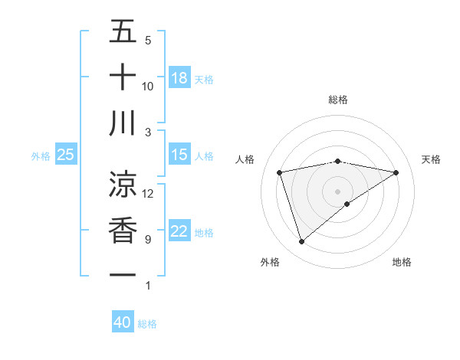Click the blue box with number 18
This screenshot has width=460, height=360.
point(179,78)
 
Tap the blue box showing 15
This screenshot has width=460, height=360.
point(179,155)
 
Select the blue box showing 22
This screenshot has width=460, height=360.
point(179,232)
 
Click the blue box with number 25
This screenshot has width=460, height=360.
point(66,155)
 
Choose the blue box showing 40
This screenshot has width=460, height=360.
point(123,322)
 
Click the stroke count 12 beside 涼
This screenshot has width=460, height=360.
point(148,194)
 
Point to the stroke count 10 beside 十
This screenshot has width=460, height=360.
point(148,86)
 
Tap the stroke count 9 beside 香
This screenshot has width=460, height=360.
point(148,240)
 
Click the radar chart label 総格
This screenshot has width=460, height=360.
point(338,100)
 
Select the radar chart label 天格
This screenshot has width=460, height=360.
point(432,159)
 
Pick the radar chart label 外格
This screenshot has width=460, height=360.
point(270,262)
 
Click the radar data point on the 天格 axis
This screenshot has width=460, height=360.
point(396,172)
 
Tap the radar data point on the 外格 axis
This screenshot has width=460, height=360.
point(301,242)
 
